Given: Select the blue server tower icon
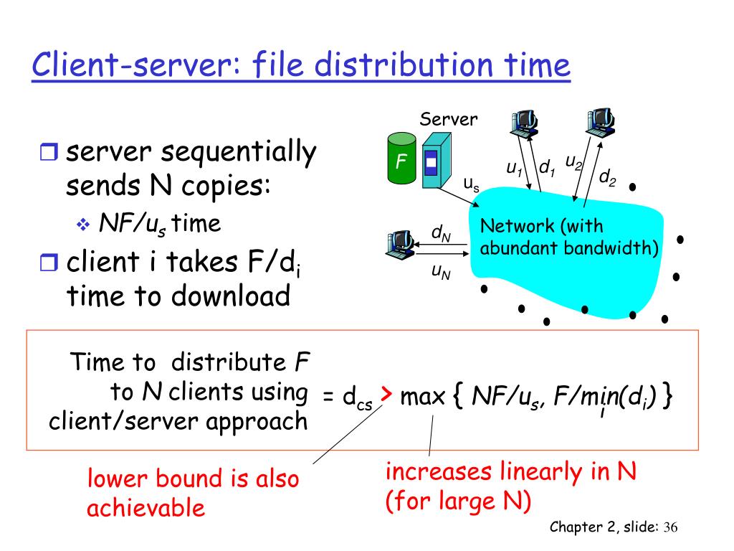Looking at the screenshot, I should point(432,164).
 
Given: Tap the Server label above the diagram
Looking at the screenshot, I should point(448,119).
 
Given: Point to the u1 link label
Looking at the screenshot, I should point(514,169).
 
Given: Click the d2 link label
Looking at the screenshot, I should point(607,176).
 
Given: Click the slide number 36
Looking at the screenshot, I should point(670,527).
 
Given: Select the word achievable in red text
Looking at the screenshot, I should point(146,508).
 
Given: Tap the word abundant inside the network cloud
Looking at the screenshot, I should point(515,249).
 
